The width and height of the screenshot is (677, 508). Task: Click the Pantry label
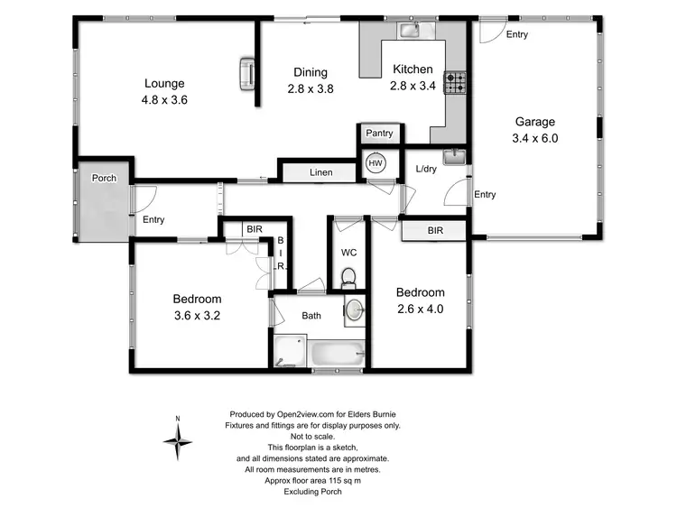[x=379, y=134]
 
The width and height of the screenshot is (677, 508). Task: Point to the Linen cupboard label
[x=320, y=172]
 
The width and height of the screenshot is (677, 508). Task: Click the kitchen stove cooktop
[x=458, y=84]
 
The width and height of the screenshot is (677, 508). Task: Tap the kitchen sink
[x=409, y=31]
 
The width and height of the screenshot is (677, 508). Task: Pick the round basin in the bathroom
[x=356, y=311]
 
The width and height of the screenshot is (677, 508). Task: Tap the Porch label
[x=104, y=178]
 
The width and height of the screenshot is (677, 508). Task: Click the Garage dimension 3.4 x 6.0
[x=535, y=139]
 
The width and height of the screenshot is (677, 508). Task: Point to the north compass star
[x=179, y=441]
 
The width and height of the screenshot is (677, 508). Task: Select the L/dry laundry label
[x=427, y=169]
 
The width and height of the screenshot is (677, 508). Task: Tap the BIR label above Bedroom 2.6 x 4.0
[x=434, y=232]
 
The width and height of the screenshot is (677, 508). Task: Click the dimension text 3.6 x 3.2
[x=197, y=316]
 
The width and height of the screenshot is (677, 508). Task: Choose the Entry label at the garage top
[x=516, y=35]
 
